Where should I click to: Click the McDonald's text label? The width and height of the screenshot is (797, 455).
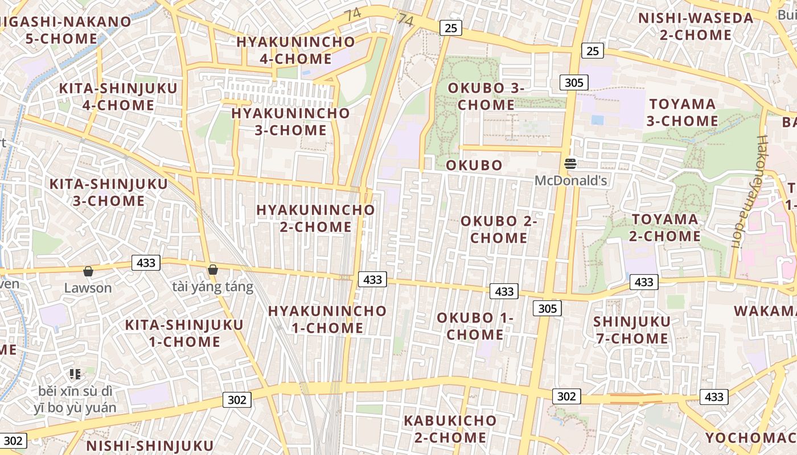pyautogui.click(x=571, y=181)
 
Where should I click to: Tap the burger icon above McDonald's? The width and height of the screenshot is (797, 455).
pyautogui.click(x=570, y=164)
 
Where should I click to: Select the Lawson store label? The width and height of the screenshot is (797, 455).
pyautogui.click(x=88, y=288)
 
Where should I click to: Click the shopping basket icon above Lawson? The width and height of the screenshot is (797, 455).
pyautogui.click(x=88, y=271)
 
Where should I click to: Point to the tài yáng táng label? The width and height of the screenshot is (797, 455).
pyautogui.click(x=212, y=286)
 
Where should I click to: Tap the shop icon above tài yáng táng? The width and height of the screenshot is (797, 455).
pyautogui.click(x=212, y=270)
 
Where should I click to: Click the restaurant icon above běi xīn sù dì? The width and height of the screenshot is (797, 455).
pyautogui.click(x=75, y=374)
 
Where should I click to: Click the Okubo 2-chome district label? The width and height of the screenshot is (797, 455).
pyautogui.click(x=499, y=229)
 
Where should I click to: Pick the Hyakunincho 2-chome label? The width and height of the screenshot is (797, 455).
pyautogui.click(x=315, y=218)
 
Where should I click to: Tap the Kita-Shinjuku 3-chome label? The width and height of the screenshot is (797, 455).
pyautogui.click(x=108, y=192)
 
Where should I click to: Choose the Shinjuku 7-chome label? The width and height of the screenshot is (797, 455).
pyautogui.click(x=631, y=330)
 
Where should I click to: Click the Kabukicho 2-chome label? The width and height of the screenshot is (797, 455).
pyautogui.click(x=450, y=429)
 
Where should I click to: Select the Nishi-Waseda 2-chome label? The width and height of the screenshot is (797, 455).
pyautogui.click(x=696, y=26)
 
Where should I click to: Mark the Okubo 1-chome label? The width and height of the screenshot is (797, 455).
pyautogui.click(x=475, y=326)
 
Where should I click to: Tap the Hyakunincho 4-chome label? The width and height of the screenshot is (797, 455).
pyautogui.click(x=295, y=50)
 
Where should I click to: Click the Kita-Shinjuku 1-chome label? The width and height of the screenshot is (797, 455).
pyautogui.click(x=184, y=333)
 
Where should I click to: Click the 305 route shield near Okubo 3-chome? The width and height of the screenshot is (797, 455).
pyautogui.click(x=574, y=82)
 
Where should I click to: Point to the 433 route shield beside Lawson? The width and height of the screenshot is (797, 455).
pyautogui.click(x=146, y=263)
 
